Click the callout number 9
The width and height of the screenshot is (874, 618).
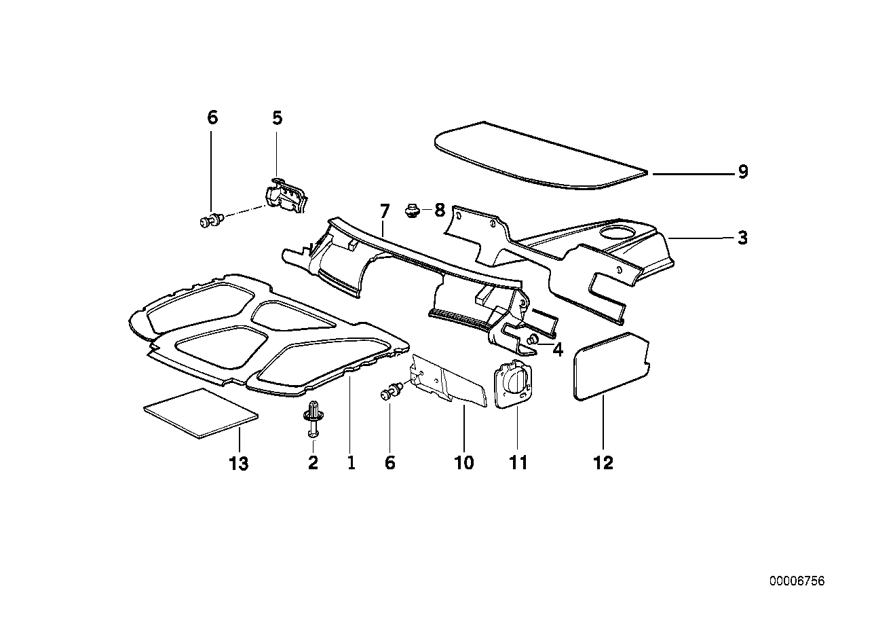coord(743,172)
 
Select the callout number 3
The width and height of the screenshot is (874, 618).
coord(743,238)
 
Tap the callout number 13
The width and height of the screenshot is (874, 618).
coord(239,465)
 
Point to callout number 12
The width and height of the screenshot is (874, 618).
coord(603,463)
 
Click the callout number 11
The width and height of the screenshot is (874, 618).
coord(518,463)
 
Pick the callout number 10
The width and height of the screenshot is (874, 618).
coord(464,463)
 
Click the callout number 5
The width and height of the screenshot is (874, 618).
coord(277,117)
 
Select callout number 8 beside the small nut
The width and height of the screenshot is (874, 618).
coord(439,210)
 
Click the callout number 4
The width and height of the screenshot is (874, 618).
coord(558,350)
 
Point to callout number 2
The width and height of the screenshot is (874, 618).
coord(313,463)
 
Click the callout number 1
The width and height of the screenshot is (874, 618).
coord(351,463)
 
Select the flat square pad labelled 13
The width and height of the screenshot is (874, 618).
coord(202,413)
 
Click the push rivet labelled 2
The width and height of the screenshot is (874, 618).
coord(313,418)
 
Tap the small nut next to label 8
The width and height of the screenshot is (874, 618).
coord(411,210)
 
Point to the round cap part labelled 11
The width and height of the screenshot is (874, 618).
coord(514,384)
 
